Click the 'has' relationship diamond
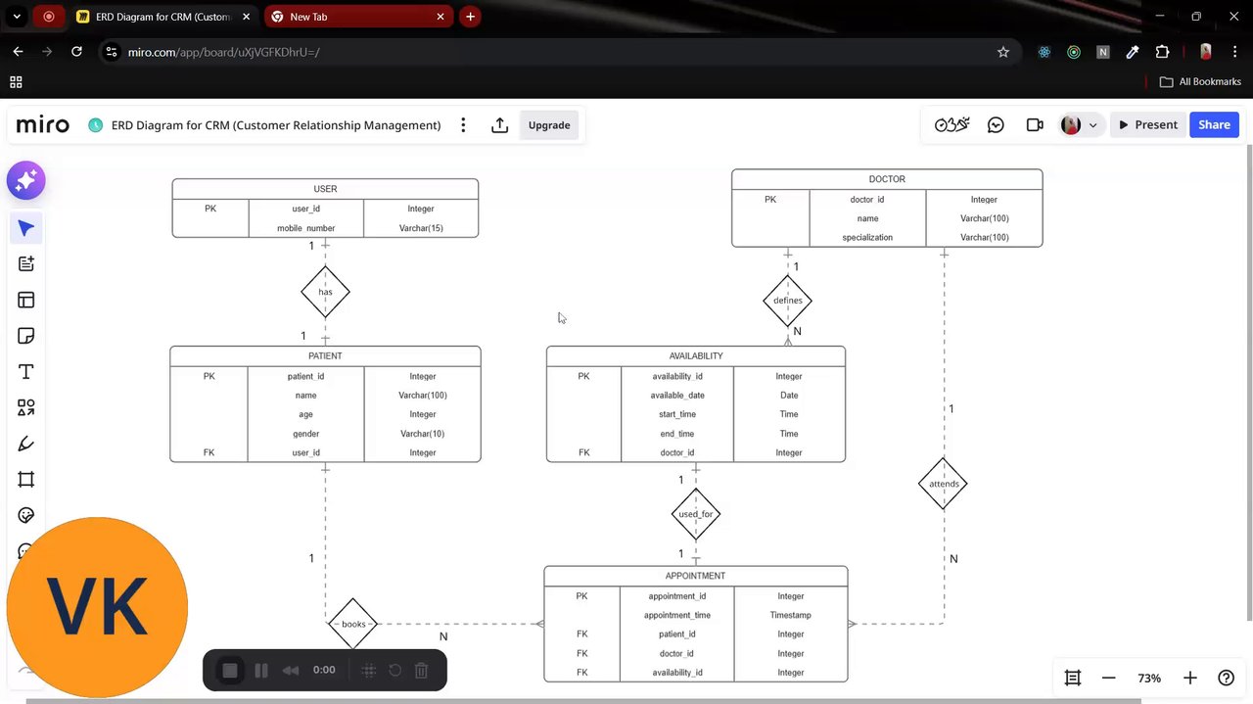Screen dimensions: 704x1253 [325, 292]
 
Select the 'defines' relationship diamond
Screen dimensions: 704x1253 [787, 301]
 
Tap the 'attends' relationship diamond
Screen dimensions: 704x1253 [944, 484]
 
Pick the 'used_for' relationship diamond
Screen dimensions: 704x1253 [696, 514]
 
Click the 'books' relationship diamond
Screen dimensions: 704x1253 [353, 624]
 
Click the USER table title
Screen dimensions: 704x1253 [325, 189]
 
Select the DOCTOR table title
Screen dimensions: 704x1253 [887, 179]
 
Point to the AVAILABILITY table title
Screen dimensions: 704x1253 [696, 356]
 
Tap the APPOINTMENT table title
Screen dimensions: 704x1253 [695, 576]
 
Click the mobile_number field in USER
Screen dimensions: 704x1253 [305, 228]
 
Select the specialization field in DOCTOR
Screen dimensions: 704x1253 [867, 237]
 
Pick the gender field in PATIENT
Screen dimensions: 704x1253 [305, 434]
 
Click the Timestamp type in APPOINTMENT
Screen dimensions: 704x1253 [790, 615]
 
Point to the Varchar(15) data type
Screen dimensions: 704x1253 [421, 228]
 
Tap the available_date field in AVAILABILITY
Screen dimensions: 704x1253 [677, 396]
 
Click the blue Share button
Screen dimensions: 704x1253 [1214, 125]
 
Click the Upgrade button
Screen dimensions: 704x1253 [549, 125]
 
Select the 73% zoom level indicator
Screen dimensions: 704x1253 [1149, 678]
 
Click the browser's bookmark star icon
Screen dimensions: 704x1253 [1003, 52]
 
